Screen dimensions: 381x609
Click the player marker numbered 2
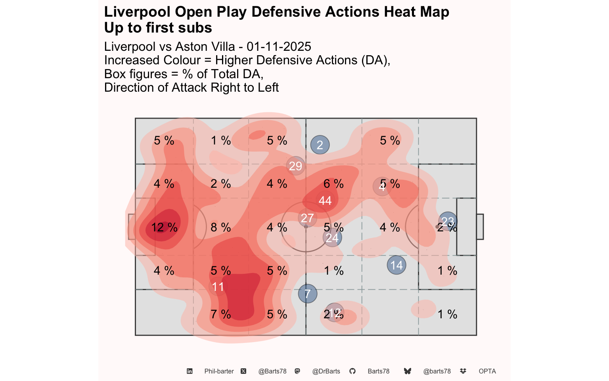point(320,145)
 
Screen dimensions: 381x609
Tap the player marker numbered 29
point(295,166)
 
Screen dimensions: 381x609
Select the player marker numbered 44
point(325,200)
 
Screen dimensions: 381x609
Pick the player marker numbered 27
point(307,218)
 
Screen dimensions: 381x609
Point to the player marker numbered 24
point(332,237)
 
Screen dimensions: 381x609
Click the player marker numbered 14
point(396,265)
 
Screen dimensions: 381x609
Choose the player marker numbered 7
point(308,294)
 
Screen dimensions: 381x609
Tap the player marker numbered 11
point(218,287)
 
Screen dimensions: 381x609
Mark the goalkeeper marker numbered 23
point(448,221)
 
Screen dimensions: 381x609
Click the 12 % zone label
point(164,227)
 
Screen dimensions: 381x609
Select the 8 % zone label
point(221,227)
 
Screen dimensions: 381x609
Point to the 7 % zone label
point(221,314)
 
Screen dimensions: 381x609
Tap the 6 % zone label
point(333,184)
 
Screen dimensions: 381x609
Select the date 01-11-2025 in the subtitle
point(279,46)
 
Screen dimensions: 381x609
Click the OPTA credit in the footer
point(487,371)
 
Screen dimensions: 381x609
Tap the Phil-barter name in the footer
point(219,371)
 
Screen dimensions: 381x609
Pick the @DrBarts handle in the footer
point(326,371)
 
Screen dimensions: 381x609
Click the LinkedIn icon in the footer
point(190,371)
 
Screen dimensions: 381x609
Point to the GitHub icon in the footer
point(352,371)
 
